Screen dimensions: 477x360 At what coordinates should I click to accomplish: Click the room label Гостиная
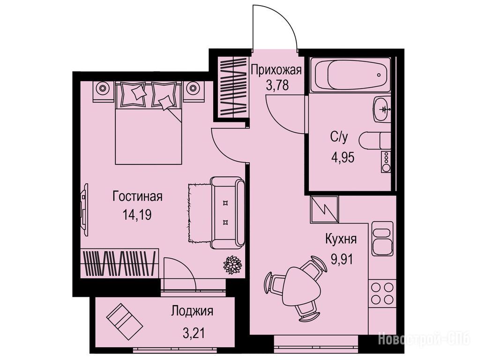pyautogui.click(x=137, y=196)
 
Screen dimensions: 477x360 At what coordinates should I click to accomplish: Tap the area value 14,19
pyautogui.click(x=137, y=215)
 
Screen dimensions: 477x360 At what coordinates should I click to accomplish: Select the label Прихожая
pyautogui.click(x=276, y=70)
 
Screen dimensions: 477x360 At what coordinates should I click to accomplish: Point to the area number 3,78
pyautogui.click(x=277, y=85)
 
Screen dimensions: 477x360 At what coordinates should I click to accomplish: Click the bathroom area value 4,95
pyautogui.click(x=343, y=157)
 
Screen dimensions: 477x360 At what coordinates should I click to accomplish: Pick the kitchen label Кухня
pyautogui.click(x=341, y=239)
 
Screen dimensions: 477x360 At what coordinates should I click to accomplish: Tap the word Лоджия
pyautogui.click(x=192, y=311)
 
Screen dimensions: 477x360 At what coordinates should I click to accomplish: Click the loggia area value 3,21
pyautogui.click(x=194, y=334)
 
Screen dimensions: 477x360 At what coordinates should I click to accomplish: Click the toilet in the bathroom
pyautogui.click(x=375, y=141)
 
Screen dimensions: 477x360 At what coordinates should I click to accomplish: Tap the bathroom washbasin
pyautogui.click(x=381, y=109)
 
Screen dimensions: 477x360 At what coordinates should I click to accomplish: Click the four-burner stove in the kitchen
pyautogui.click(x=382, y=293)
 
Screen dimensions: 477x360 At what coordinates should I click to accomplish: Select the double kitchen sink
pyautogui.click(x=382, y=239)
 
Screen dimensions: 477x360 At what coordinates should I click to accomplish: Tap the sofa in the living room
pyautogui.click(x=228, y=213)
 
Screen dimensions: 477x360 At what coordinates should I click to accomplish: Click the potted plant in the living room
pyautogui.click(x=233, y=265)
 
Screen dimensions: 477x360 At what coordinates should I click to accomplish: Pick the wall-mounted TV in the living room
pyautogui.click(x=84, y=210)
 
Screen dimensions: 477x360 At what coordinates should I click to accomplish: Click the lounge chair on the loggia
pyautogui.click(x=125, y=322)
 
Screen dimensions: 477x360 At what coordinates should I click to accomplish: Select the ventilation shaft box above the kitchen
pyautogui.click(x=324, y=209)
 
